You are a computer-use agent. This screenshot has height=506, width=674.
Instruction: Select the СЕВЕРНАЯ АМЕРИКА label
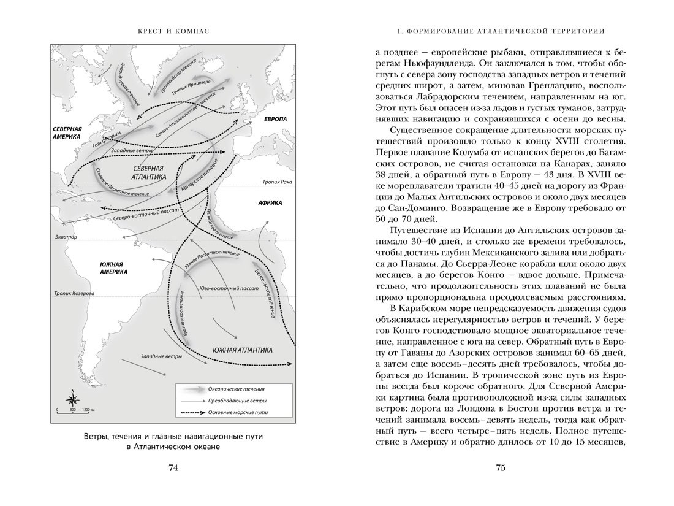[66, 132]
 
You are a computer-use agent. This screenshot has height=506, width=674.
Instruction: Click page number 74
[173, 469]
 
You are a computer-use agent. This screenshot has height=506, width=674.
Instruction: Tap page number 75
[500, 469]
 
